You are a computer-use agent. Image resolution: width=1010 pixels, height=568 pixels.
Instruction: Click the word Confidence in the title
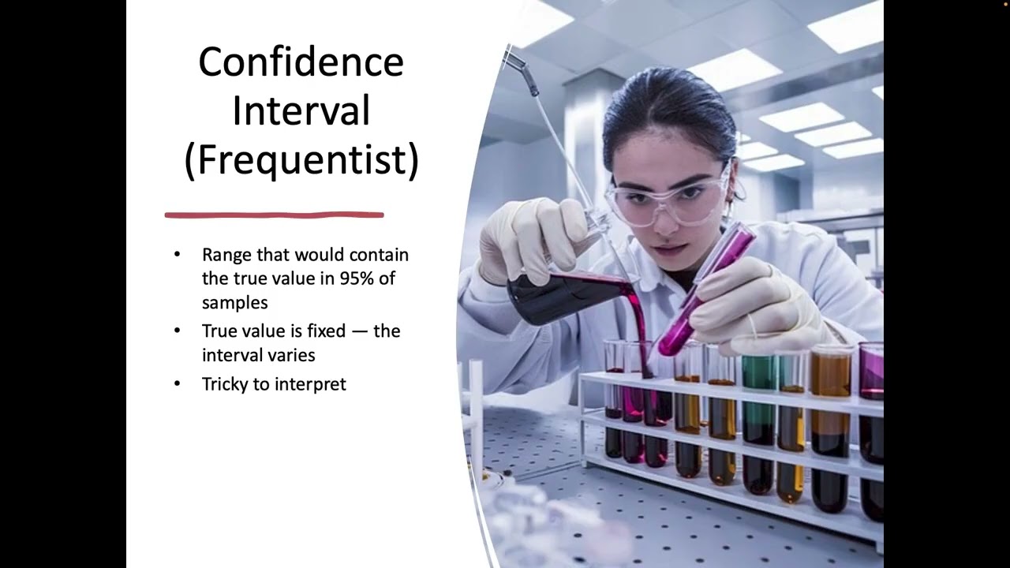tap(301, 62)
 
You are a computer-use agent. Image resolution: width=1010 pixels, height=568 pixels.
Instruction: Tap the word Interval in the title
tap(301, 111)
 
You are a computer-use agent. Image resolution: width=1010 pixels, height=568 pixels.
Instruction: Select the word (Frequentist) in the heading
tap(301, 159)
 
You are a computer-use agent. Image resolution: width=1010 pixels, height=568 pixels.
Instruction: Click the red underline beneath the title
tap(274, 215)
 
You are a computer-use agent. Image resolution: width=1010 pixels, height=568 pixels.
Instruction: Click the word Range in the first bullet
tap(226, 255)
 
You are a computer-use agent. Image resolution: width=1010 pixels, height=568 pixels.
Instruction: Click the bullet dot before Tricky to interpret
tap(177, 384)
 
